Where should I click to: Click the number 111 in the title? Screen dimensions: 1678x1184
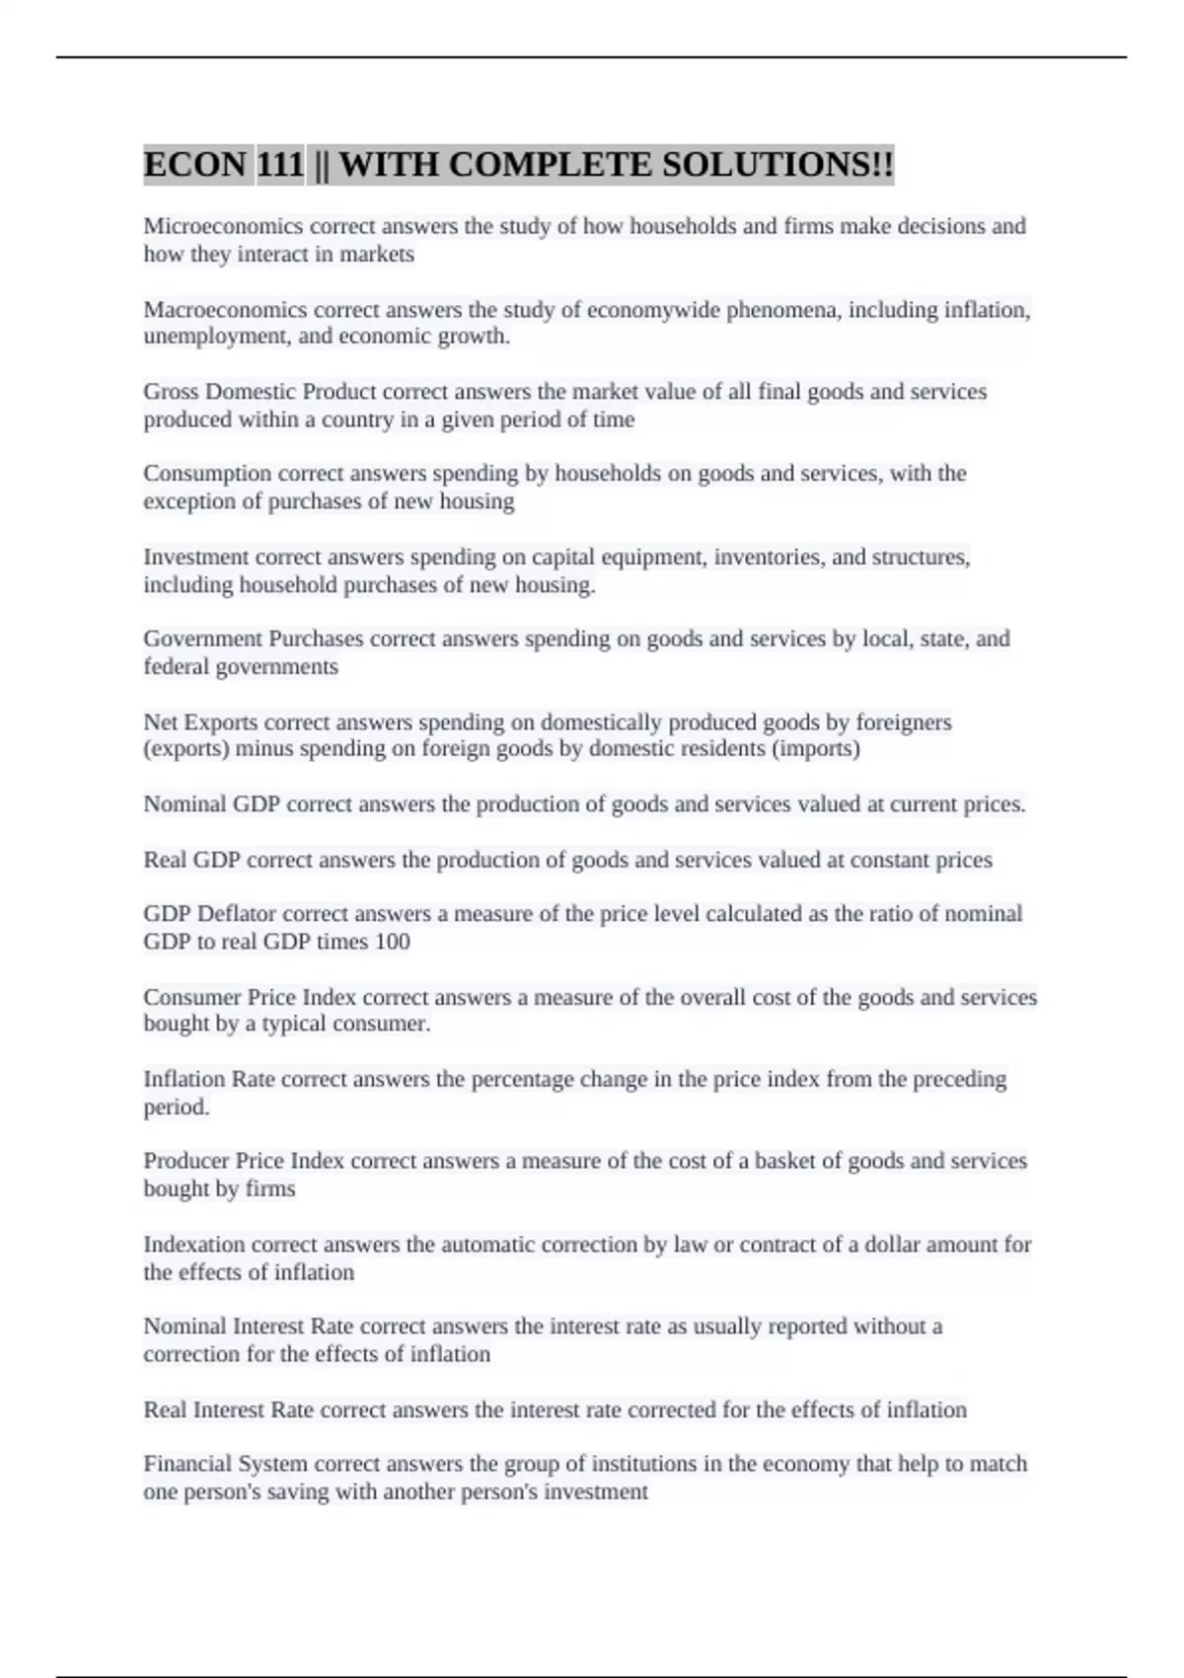280,164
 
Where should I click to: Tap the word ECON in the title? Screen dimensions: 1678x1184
194,164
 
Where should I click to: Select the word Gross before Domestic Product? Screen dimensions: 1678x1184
170,392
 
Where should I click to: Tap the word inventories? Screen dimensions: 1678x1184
768,558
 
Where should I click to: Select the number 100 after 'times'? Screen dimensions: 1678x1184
392,942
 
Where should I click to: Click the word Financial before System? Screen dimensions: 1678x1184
187,1464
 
